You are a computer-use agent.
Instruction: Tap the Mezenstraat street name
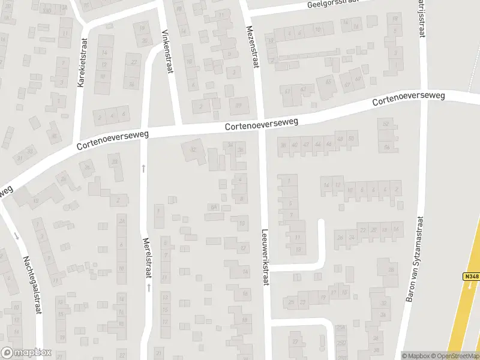point(251,47)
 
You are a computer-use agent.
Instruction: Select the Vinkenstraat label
point(167,52)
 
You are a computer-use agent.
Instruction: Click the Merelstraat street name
point(146,254)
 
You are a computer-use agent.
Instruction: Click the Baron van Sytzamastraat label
point(413,267)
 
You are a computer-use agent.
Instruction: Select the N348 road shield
point(471,277)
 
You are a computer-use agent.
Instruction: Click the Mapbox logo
point(26,353)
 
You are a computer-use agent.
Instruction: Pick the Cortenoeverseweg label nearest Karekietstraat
point(112,139)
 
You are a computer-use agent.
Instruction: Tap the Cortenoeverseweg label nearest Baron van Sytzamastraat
point(407,98)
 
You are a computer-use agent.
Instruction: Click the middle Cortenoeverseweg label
point(262,124)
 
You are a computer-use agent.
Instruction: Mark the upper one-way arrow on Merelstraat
point(143,169)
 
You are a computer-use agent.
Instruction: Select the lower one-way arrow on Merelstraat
point(148,288)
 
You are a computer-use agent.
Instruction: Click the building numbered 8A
point(212,207)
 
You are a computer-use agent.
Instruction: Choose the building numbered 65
point(328,82)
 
